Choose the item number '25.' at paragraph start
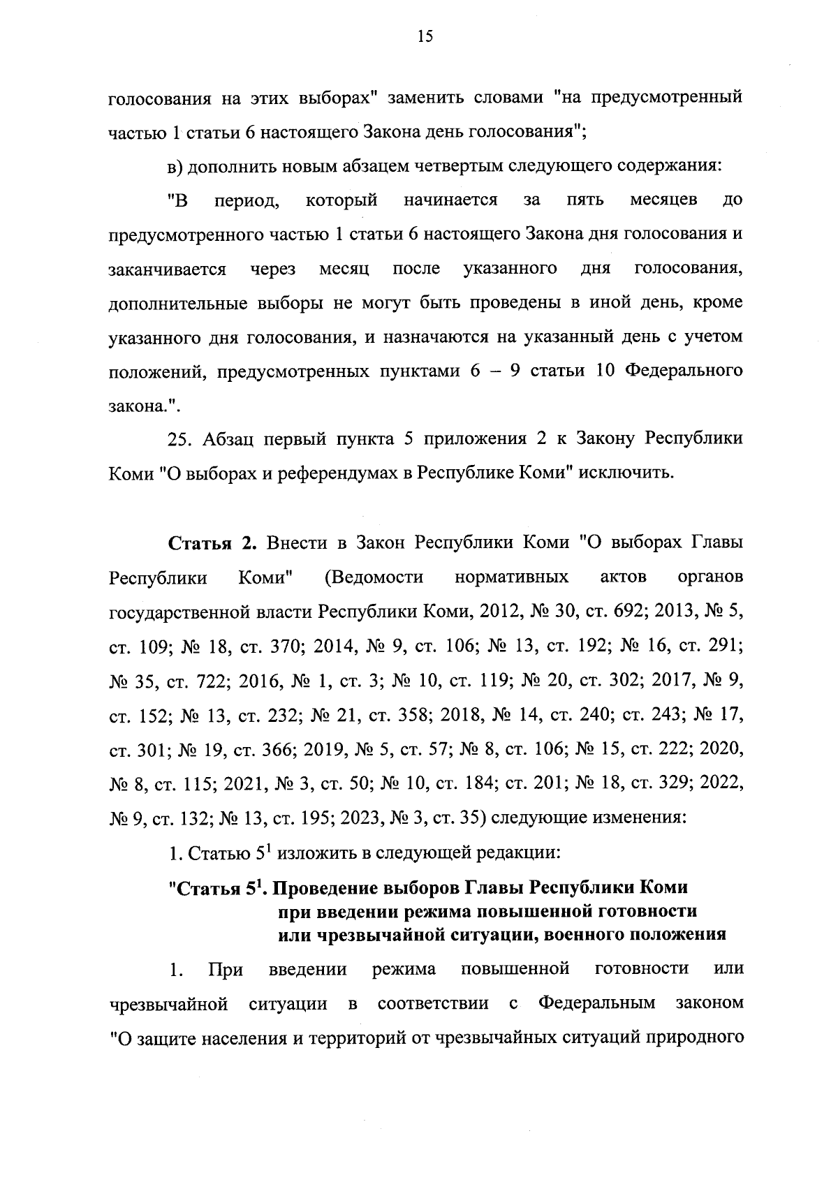click(x=181, y=439)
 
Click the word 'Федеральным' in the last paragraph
click(x=597, y=1004)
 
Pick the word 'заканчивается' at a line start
click(x=168, y=269)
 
